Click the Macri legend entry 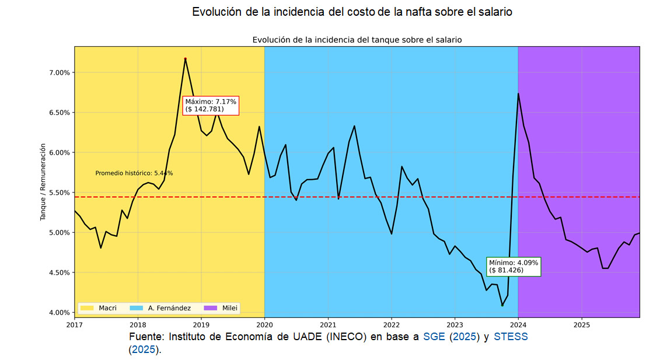(x=99, y=308)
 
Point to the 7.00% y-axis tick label (x=58, y=73)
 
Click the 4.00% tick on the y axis (x=58, y=313)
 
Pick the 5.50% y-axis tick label (x=58, y=193)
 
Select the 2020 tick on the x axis (x=264, y=324)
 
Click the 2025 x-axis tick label (x=581, y=324)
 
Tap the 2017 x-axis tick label (x=75, y=324)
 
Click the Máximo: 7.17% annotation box (x=211, y=106)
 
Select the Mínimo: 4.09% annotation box (x=514, y=266)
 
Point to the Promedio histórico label (x=134, y=173)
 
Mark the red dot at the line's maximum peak (x=185, y=59)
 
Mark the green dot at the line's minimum (x=502, y=305)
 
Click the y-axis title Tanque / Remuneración (x=43, y=181)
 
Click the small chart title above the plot (x=357, y=40)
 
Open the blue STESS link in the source (x=511, y=337)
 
